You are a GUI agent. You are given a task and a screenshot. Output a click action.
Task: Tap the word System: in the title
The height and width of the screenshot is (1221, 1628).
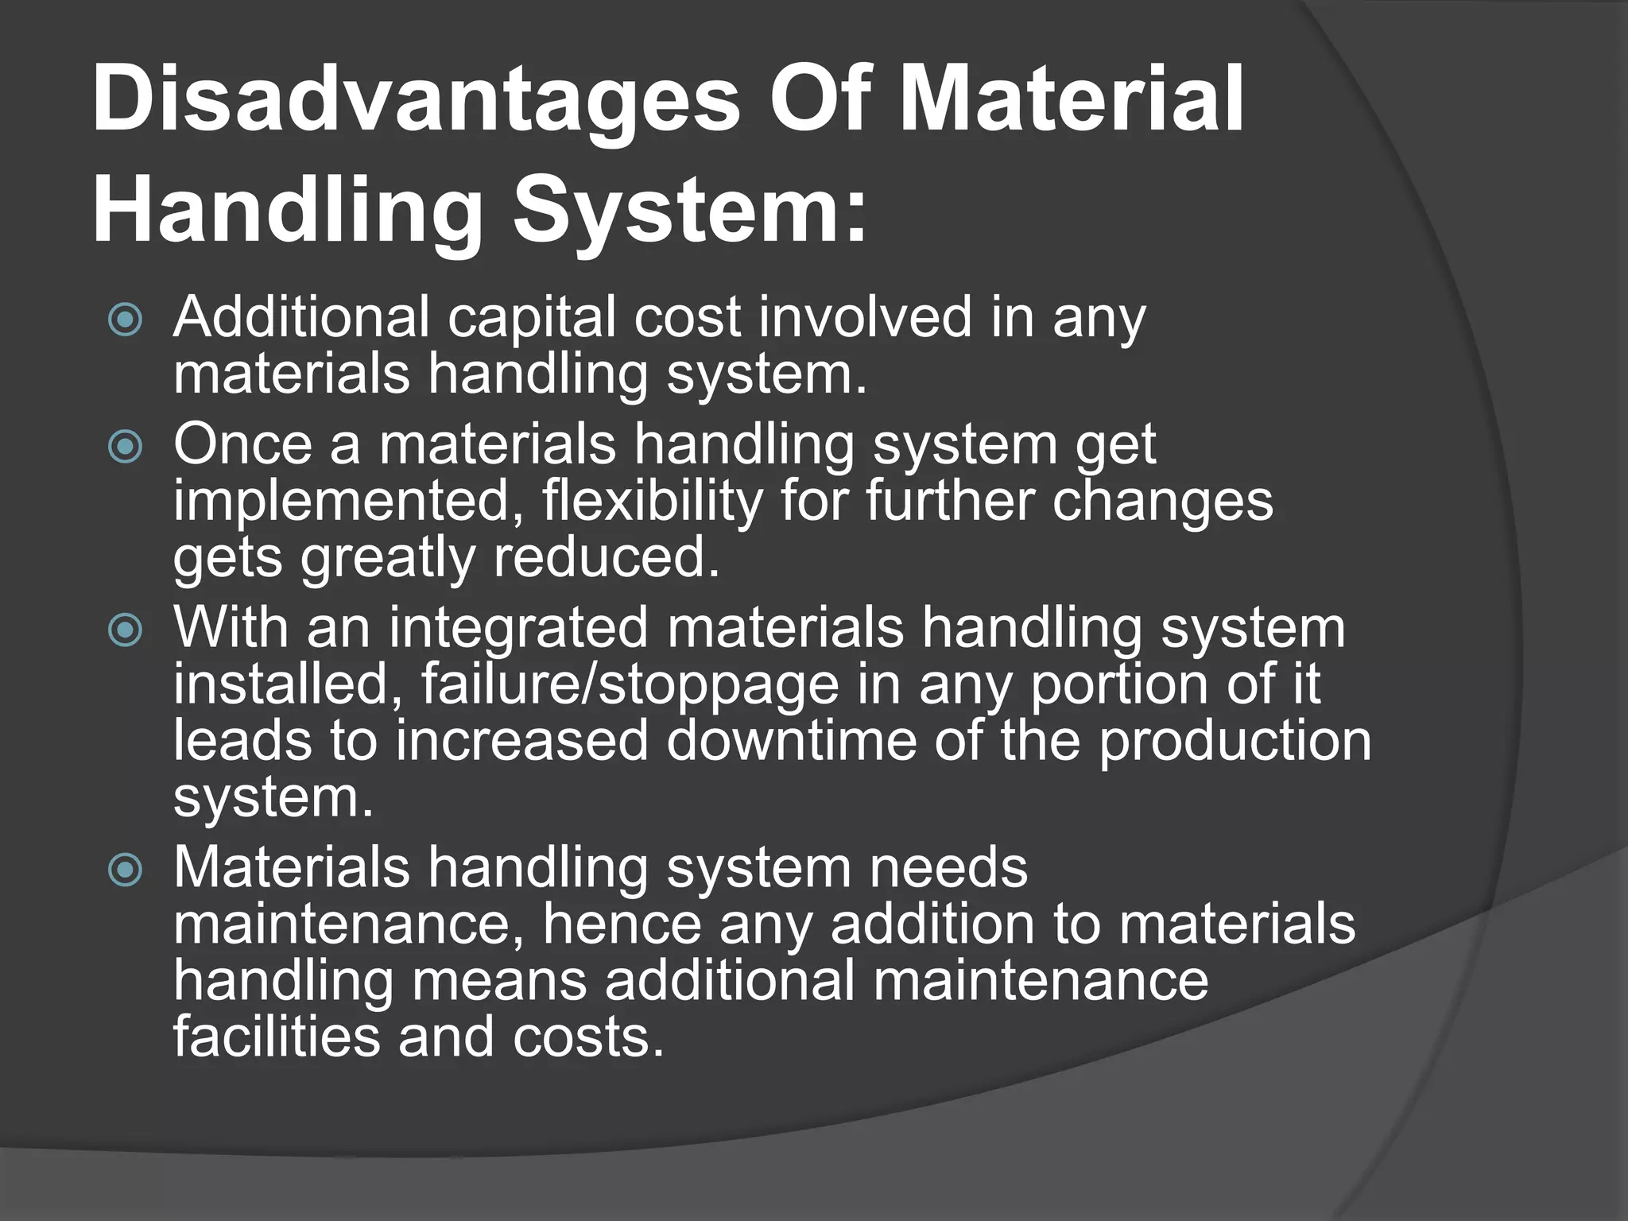(x=689, y=212)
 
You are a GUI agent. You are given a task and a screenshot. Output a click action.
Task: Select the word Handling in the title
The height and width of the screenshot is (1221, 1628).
(x=287, y=212)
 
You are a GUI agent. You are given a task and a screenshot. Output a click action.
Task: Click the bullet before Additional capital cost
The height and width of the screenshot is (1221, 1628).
(x=126, y=320)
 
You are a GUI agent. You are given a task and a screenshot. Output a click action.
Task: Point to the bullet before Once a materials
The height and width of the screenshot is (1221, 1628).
(x=126, y=448)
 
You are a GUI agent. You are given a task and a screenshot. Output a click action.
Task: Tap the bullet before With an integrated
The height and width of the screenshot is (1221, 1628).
(x=126, y=630)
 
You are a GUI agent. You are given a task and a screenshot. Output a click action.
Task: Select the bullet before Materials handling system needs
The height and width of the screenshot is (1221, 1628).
(x=126, y=870)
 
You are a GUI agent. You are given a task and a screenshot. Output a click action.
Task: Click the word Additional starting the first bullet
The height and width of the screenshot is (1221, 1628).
(x=301, y=317)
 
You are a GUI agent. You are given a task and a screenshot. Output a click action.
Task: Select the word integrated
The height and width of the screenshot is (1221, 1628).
(x=518, y=629)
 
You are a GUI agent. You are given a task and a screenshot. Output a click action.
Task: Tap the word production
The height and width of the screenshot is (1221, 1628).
(x=1235, y=741)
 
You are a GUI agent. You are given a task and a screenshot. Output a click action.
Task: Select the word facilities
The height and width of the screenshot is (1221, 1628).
(x=276, y=1037)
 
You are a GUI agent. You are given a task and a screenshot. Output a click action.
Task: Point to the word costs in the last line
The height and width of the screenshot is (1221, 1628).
(x=587, y=1037)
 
